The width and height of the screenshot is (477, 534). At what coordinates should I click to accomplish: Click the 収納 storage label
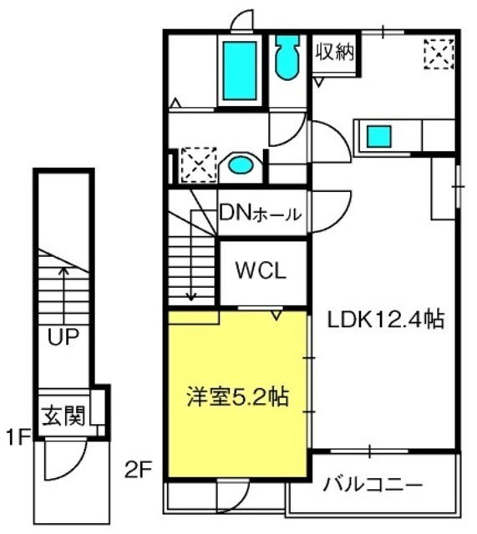(x=334, y=52)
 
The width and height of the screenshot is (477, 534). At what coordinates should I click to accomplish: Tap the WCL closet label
(x=261, y=271)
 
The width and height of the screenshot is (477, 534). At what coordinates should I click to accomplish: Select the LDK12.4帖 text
(x=386, y=320)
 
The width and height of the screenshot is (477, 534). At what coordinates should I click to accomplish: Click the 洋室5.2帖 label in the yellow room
(x=237, y=396)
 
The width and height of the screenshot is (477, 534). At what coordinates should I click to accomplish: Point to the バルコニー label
(x=373, y=484)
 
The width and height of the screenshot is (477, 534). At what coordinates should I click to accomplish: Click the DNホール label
(x=261, y=214)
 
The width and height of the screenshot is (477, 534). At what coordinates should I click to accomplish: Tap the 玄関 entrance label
(x=63, y=416)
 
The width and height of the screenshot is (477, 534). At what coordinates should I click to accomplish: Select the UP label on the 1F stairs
(x=63, y=336)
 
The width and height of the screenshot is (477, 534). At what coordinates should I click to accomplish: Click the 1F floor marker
(x=18, y=437)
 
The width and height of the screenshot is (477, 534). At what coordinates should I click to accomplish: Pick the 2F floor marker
(x=138, y=471)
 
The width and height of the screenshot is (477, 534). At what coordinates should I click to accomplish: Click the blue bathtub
(x=240, y=71)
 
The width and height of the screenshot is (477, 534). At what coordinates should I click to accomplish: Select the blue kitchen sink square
(x=378, y=137)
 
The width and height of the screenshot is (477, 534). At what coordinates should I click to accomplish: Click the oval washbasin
(x=241, y=165)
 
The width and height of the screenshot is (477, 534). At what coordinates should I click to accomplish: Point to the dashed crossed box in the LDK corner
(x=439, y=53)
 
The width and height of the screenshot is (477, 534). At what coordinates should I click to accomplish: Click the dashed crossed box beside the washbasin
(x=199, y=165)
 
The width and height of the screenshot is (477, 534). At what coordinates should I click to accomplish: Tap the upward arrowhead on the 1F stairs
(x=63, y=270)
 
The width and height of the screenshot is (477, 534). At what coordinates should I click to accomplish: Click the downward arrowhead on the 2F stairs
(x=191, y=297)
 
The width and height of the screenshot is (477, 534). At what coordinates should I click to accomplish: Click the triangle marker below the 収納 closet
(x=319, y=83)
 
